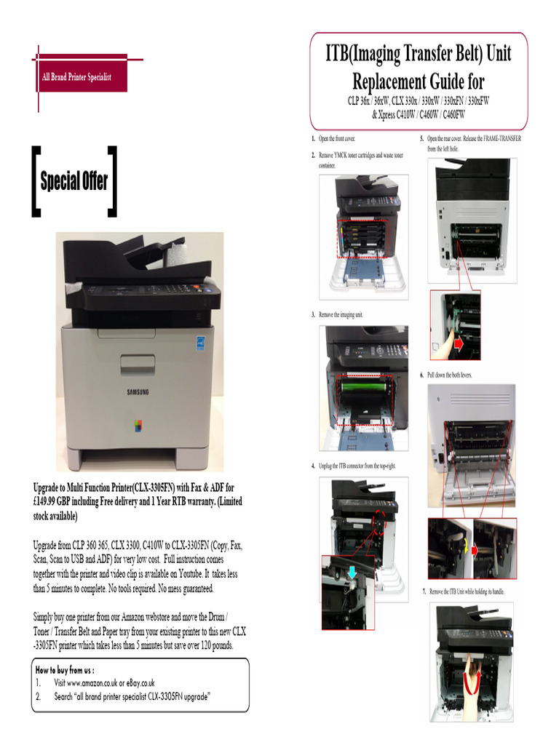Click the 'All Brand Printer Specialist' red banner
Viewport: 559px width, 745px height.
76,76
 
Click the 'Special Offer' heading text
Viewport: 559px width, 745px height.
74,181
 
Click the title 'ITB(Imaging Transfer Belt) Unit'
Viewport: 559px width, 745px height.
418,54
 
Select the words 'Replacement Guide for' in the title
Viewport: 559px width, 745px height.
418,80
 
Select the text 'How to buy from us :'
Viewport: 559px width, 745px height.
65,669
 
